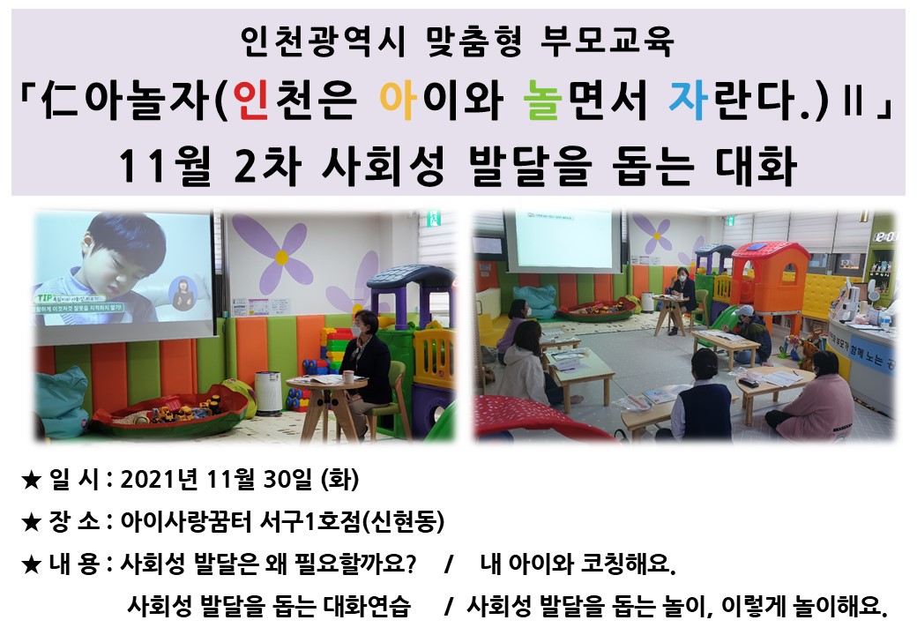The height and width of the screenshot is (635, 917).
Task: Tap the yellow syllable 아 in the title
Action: tap(399, 100)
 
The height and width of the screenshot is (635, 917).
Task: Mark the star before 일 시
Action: tap(31, 481)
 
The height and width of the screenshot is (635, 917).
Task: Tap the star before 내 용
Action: tap(31, 564)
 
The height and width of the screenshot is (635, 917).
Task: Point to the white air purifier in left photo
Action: tap(268, 392)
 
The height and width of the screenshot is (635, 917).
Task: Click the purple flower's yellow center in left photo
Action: tap(282, 258)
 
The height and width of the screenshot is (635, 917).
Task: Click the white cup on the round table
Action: tap(348, 377)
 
